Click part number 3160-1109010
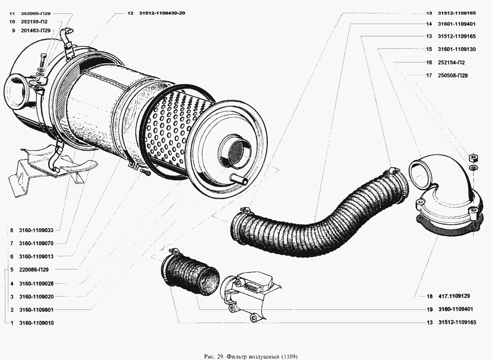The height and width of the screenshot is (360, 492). (36, 323)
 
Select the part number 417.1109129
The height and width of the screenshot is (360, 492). (454, 296)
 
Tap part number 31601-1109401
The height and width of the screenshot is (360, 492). (457, 24)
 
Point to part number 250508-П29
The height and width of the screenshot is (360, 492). (453, 76)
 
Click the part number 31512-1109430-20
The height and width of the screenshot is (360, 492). (162, 13)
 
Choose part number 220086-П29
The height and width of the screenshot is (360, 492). (34, 270)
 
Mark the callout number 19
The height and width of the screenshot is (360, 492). (430, 309)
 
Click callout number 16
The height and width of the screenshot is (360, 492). (429, 62)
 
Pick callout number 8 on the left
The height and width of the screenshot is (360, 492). (12, 231)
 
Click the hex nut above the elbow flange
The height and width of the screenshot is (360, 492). (472, 158)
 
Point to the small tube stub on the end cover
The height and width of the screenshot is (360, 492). (239, 180)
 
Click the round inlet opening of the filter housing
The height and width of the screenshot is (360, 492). (15, 91)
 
